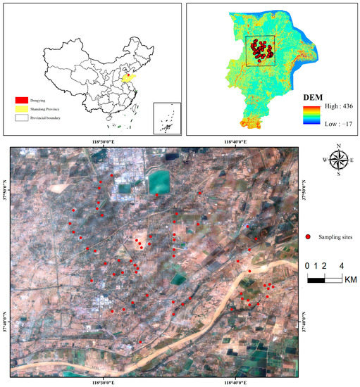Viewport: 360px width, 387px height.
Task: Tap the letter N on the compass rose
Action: click(338, 146)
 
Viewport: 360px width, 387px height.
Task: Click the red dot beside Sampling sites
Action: click(309, 237)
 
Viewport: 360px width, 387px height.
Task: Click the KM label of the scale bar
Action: click(350, 279)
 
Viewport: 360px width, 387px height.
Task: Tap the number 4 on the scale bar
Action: click(341, 266)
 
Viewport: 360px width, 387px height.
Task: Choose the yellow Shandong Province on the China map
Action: click(127, 78)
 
